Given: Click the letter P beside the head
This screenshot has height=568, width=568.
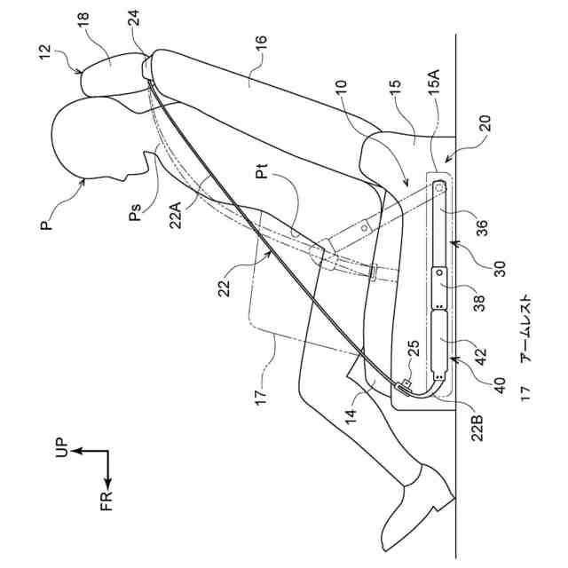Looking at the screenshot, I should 43,225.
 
